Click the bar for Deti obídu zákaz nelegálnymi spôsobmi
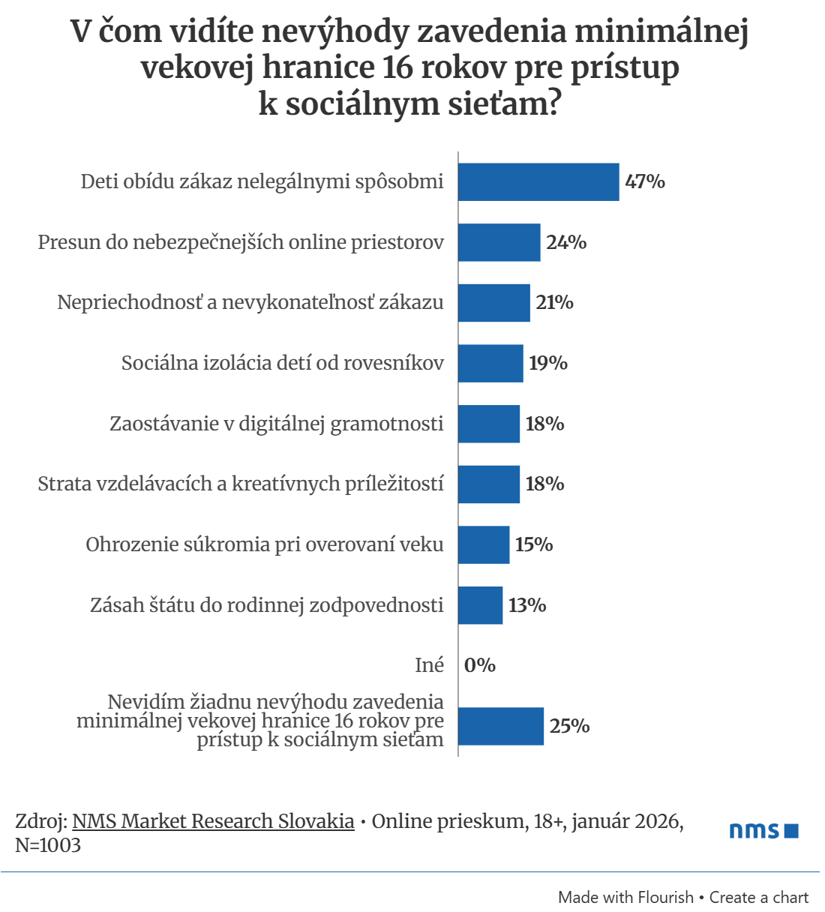click(538, 182)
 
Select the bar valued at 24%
click(499, 242)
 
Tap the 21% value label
click(554, 302)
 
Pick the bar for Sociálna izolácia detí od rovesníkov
click(490, 363)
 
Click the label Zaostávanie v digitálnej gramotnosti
click(277, 424)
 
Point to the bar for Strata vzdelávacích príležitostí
click(488, 484)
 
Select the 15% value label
click(534, 544)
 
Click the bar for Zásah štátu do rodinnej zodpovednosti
click(480, 605)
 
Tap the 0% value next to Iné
click(480, 665)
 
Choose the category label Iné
click(430, 665)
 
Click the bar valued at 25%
click(500, 726)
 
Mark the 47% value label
click(645, 182)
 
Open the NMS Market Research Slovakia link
click(213, 821)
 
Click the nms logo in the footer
click(763, 830)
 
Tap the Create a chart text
click(759, 897)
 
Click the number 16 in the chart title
click(397, 67)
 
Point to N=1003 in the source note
click(48, 845)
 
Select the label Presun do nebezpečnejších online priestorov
click(241, 242)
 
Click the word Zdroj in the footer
click(40, 821)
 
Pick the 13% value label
click(527, 605)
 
